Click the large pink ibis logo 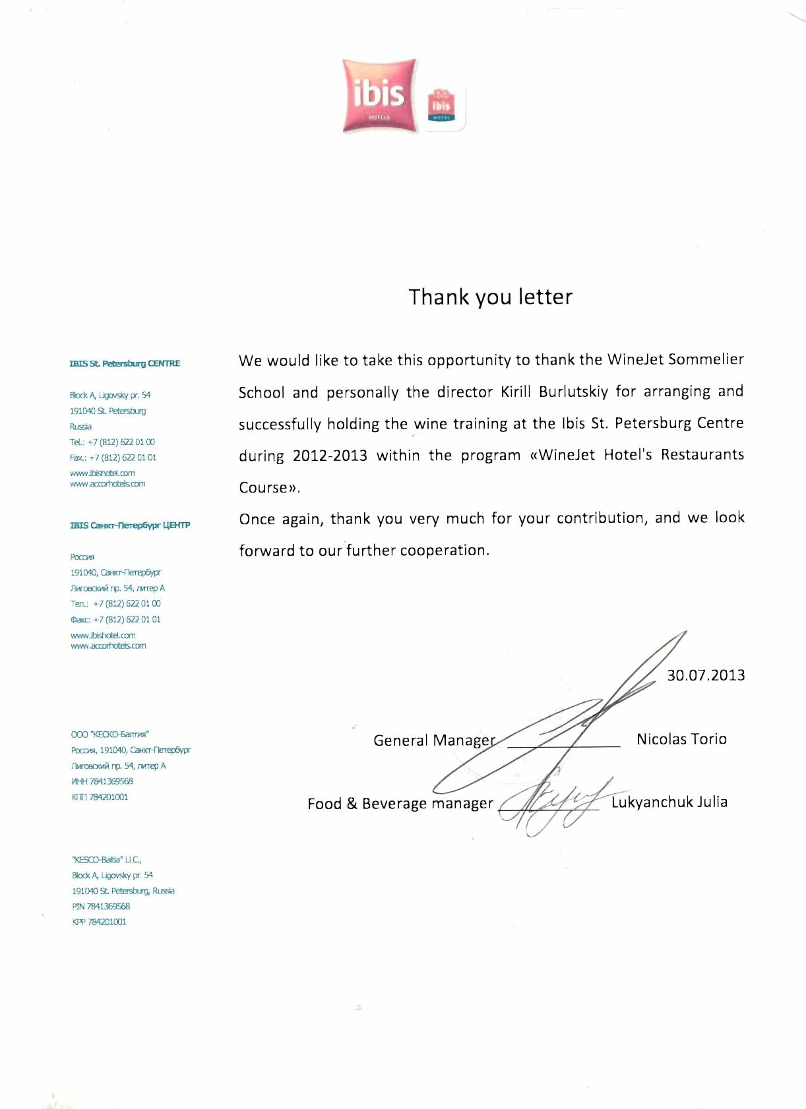380,96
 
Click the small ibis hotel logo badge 441,107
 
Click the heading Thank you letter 490,297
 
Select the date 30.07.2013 705,675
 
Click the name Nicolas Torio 681,739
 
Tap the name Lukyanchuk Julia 669,802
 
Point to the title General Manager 434,740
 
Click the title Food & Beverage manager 400,804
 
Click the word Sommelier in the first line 706,360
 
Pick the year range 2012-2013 330,456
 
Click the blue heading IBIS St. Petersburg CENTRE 125,363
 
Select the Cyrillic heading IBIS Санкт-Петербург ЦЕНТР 130,525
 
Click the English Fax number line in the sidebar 113,458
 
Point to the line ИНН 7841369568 102,781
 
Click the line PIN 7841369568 101,907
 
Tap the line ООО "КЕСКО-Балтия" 110,734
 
